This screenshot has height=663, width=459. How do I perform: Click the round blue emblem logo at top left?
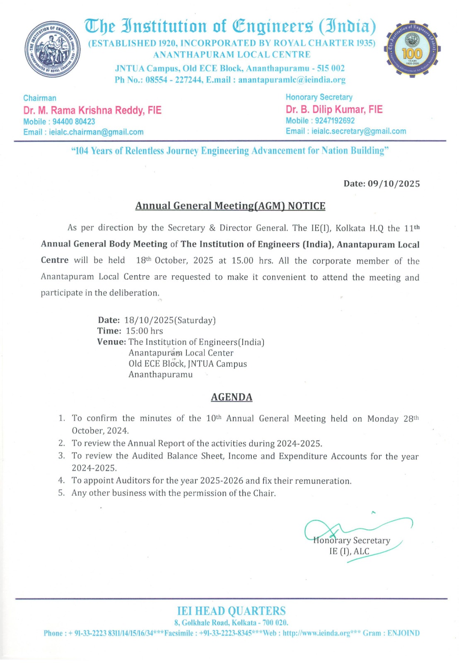point(53,49)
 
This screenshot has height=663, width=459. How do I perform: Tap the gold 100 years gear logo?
point(412,50)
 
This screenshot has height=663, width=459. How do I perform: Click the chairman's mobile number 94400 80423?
point(74,121)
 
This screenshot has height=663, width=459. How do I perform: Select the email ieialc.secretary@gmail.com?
point(359,131)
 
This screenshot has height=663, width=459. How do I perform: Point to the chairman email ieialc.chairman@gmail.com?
point(96,132)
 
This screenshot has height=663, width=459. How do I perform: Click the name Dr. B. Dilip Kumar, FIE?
point(334,109)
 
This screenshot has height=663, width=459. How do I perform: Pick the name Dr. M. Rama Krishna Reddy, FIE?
point(92,110)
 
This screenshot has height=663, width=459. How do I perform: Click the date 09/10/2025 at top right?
point(394,184)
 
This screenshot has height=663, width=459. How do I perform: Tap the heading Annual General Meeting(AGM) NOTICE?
point(230,206)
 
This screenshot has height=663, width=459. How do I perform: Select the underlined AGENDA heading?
point(232,397)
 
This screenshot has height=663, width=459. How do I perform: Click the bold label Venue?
point(111,342)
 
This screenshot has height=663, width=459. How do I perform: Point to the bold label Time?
point(109,331)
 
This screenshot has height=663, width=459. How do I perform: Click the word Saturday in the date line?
point(195,320)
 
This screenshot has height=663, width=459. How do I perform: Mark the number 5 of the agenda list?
point(61,493)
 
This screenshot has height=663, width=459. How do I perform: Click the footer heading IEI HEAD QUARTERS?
point(231,611)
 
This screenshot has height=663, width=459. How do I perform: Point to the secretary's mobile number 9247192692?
point(335,121)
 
